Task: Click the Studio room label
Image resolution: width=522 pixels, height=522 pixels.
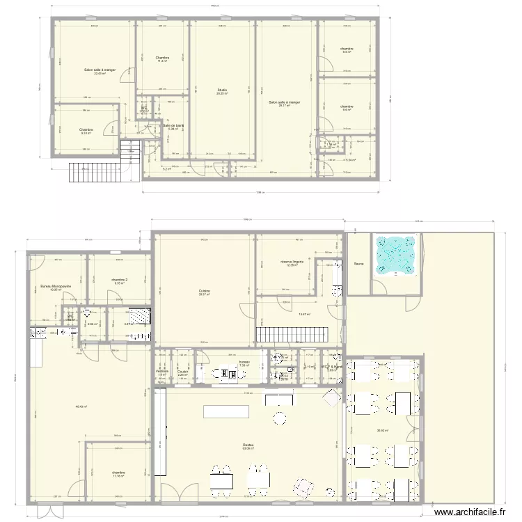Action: [222, 90]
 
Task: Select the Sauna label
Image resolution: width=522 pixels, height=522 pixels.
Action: [358, 264]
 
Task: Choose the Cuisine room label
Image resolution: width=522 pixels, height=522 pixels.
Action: [205, 291]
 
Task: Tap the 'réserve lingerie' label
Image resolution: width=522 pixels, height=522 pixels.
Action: [292, 262]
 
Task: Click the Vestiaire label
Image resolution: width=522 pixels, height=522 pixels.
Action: [162, 372]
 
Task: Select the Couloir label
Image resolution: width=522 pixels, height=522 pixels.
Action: [182, 372]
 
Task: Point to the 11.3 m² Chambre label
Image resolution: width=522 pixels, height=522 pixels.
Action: [162, 58]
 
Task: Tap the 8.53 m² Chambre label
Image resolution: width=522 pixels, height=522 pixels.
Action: [86, 130]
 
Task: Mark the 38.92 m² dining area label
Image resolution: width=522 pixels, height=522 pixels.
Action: [383, 430]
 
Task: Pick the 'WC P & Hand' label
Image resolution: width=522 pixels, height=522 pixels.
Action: [331, 366]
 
